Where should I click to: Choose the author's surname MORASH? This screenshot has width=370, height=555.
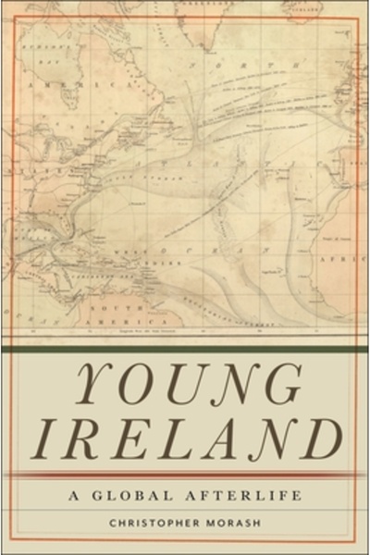pos(239,524)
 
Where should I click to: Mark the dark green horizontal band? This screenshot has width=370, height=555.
pos(185,351)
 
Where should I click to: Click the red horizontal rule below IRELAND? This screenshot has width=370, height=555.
pos(185,474)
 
